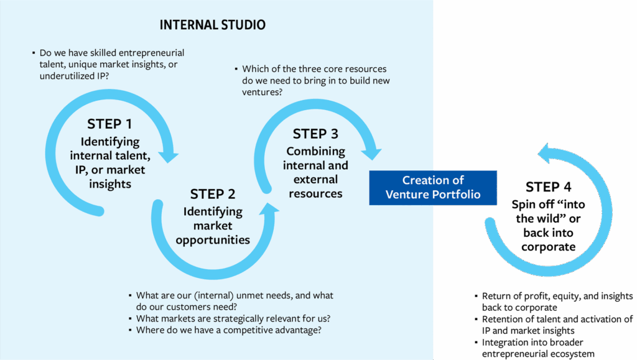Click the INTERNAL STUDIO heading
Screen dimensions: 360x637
point(212,25)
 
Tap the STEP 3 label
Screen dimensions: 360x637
point(316,134)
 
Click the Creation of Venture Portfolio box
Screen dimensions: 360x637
point(433,187)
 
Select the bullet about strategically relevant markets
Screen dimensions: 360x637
point(233,318)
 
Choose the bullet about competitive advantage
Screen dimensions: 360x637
point(228,330)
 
